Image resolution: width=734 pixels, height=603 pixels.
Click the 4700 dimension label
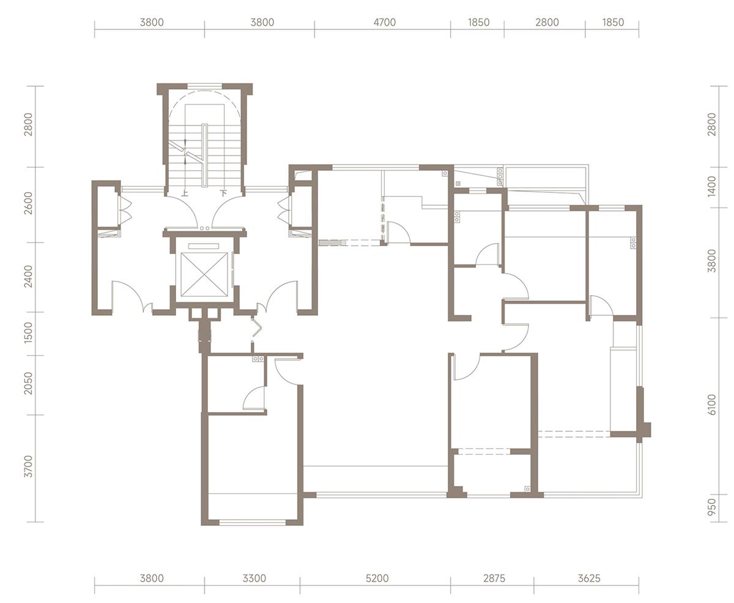pyautogui.click(x=384, y=22)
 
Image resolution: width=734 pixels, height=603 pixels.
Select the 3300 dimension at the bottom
pyautogui.click(x=254, y=579)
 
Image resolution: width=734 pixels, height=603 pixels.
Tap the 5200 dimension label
pyautogui.click(x=377, y=579)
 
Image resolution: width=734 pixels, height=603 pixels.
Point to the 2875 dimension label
pyautogui.click(x=494, y=579)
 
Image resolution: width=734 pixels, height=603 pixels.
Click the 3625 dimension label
pyautogui.click(x=589, y=579)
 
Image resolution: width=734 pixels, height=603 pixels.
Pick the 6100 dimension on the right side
pyautogui.click(x=712, y=405)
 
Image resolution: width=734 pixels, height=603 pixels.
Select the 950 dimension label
pyautogui.click(x=712, y=507)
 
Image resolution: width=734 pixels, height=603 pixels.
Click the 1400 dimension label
pyautogui.click(x=712, y=186)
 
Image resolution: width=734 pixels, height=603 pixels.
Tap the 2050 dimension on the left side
pyautogui.click(x=28, y=383)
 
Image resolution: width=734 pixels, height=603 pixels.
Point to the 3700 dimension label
pyautogui.click(x=28, y=466)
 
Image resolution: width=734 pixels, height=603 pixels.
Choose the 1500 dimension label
pyautogui.click(x=28, y=332)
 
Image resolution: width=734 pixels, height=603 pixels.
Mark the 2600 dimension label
pyautogui.click(x=28, y=203)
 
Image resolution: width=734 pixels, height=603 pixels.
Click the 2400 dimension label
pyautogui.click(x=28, y=277)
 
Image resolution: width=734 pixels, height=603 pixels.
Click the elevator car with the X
pyautogui.click(x=204, y=275)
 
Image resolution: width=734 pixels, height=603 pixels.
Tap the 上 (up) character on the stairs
pyautogui.click(x=185, y=193)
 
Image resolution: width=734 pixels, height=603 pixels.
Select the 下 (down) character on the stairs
pyautogui.click(x=224, y=193)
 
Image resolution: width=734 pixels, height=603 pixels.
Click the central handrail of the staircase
pyautogui.click(x=205, y=155)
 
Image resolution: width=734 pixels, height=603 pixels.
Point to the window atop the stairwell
pyautogui.click(x=205, y=85)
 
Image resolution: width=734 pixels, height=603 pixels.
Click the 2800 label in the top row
pyautogui.click(x=547, y=22)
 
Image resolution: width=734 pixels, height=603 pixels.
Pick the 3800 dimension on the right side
pyautogui.click(x=712, y=261)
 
